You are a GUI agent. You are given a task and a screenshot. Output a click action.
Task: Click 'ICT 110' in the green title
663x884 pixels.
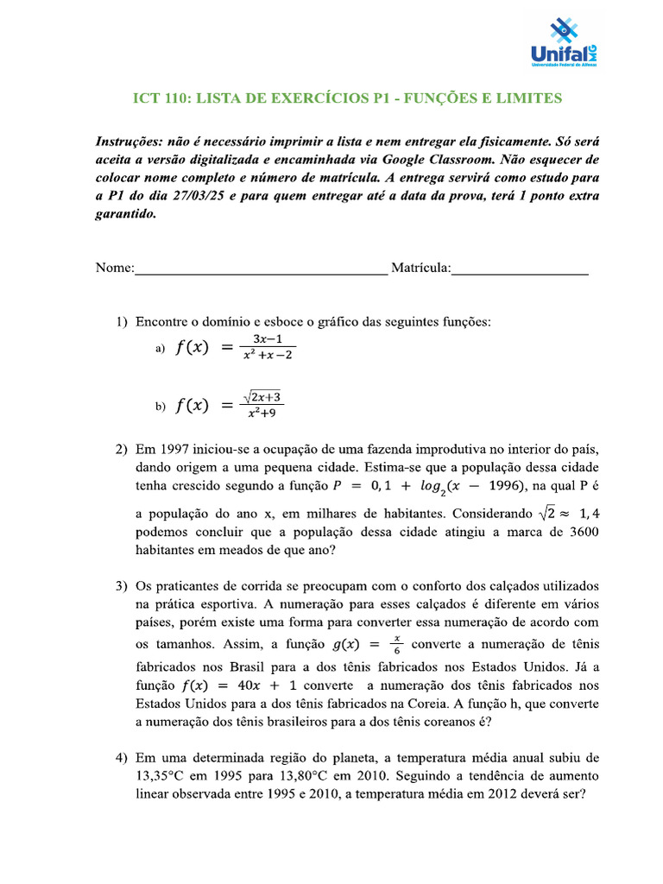pyautogui.click(x=159, y=98)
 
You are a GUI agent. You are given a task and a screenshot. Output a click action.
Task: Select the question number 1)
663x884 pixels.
pyautogui.click(x=122, y=323)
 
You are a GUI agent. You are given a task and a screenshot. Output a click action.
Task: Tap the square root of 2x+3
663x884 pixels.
pyautogui.click(x=263, y=398)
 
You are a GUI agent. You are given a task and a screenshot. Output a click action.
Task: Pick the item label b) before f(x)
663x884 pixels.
pyautogui.click(x=160, y=407)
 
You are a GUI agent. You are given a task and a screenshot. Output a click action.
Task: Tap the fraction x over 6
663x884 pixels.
pyautogui.click(x=396, y=645)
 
